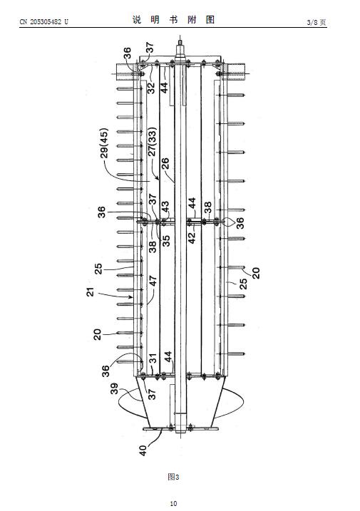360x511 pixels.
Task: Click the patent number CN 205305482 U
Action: pos(44,22)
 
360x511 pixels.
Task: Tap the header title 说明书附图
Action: pos(173,20)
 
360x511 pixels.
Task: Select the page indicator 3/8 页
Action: pos(317,22)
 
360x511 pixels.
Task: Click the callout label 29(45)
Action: pos(104,143)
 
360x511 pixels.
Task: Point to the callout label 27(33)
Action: pos(153,141)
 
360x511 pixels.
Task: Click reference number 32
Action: pos(151,88)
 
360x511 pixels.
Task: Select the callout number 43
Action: pos(165,207)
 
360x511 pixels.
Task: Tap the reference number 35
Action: pos(166,240)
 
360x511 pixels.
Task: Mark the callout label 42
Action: pos(192,237)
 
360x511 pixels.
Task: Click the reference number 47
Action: pos(153,281)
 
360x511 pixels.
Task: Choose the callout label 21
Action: pos(91,291)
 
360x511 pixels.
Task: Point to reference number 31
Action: pos(153,358)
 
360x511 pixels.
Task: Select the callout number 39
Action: pos(114,388)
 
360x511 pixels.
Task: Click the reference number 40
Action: pos(143,450)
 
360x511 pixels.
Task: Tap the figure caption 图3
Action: pos(173,477)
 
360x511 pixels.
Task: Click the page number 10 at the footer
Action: pos(173,503)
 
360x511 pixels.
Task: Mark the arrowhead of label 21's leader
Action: pos(131,297)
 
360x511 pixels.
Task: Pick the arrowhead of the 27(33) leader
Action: pos(158,178)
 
